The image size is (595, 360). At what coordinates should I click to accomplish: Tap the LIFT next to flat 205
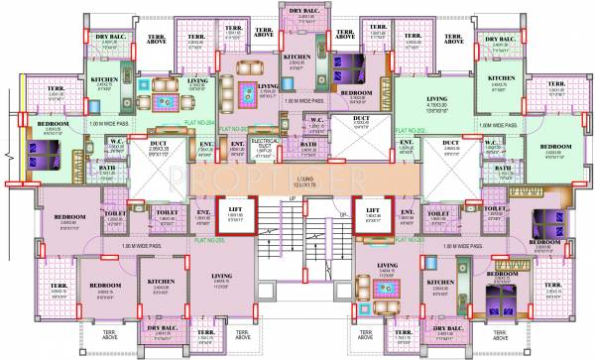(236, 211)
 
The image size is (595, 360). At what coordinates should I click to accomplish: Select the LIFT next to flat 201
(374, 211)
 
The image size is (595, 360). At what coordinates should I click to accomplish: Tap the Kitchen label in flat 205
(161, 282)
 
